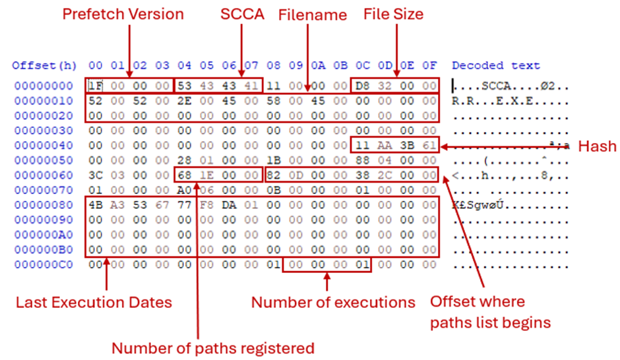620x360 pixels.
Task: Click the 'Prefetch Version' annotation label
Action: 123,14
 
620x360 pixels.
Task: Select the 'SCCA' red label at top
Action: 242,14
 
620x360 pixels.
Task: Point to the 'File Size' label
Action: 394,14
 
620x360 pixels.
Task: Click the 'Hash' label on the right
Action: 596,146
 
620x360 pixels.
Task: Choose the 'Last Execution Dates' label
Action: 94,303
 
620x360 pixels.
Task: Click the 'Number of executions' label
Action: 334,303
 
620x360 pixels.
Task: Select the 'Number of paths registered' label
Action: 213,347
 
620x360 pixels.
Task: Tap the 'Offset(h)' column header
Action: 44,65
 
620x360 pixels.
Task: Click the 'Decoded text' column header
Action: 496,65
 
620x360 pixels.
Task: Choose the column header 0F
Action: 429,65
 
